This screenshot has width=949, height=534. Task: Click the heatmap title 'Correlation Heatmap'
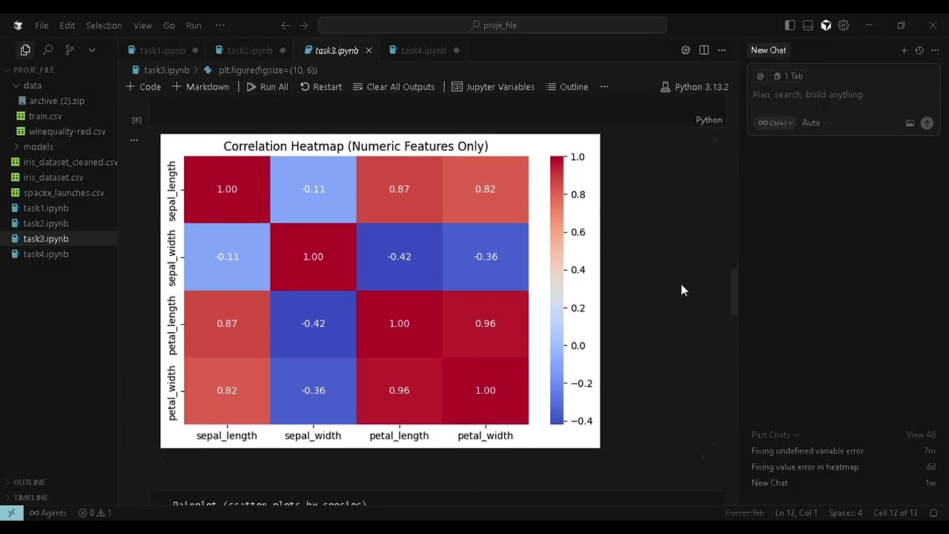click(x=355, y=146)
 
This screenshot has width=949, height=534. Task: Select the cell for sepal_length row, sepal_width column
click(x=313, y=189)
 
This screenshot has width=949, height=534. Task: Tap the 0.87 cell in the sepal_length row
click(x=399, y=189)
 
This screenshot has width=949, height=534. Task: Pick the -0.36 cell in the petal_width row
click(x=313, y=390)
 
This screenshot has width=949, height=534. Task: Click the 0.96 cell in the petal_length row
click(x=485, y=323)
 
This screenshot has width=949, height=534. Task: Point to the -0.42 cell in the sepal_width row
click(x=399, y=257)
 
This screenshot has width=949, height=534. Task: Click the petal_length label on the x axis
click(x=399, y=435)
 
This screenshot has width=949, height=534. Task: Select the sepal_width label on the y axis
click(x=172, y=257)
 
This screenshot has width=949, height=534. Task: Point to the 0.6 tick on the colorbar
click(x=577, y=232)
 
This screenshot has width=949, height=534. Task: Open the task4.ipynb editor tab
click(x=423, y=50)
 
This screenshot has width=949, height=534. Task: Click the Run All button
click(x=267, y=87)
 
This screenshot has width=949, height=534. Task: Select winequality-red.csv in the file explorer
click(x=67, y=131)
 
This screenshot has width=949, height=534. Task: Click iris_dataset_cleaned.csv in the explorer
click(x=70, y=162)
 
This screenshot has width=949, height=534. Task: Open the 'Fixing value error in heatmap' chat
click(x=804, y=467)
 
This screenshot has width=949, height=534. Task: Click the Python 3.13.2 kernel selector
click(x=694, y=87)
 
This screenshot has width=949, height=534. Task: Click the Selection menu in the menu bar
click(x=104, y=25)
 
